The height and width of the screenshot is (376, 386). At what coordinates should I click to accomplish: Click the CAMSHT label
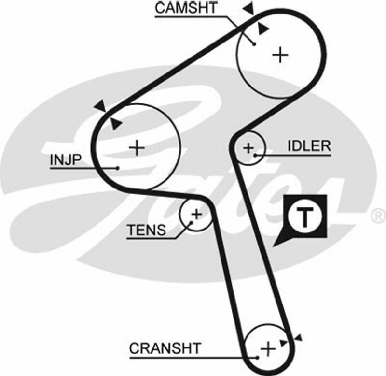[x=186, y=9]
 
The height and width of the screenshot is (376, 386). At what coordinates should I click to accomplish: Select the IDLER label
[x=309, y=146]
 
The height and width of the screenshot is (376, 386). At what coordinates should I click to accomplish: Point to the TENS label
[x=146, y=231]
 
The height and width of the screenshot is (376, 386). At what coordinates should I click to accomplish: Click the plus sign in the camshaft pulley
[x=280, y=55]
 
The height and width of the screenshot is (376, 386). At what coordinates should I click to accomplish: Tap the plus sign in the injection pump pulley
[x=138, y=147]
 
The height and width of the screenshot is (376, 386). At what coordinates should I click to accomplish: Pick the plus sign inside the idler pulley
[x=248, y=147]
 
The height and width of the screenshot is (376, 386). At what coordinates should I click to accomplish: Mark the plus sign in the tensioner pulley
[x=196, y=214]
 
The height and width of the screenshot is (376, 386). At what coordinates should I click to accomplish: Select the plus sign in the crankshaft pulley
[x=267, y=347]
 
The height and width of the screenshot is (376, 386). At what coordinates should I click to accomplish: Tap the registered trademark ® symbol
[x=377, y=214]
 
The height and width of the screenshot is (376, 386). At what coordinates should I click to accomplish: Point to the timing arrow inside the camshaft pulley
[x=262, y=29]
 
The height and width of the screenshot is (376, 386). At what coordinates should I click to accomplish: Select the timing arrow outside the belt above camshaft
[x=249, y=8]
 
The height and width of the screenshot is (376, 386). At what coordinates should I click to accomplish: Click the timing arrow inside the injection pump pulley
[x=115, y=123]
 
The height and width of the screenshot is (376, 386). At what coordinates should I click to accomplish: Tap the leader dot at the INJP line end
[x=118, y=168]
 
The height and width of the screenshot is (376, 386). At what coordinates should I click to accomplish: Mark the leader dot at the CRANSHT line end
[x=258, y=358]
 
